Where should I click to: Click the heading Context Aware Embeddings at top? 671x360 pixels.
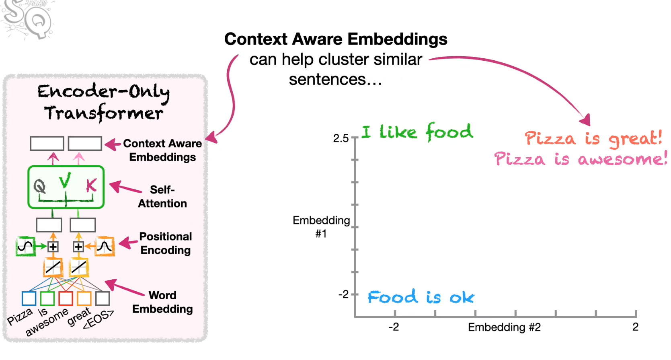(x=336, y=39)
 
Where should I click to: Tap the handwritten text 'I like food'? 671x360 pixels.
(x=417, y=132)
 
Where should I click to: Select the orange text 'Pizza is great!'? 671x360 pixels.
(x=593, y=138)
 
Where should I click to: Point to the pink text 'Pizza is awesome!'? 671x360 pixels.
(x=580, y=158)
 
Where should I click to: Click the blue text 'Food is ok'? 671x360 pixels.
(x=421, y=297)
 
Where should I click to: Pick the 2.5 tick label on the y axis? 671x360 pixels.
(x=341, y=138)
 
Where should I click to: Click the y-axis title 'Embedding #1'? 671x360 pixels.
(x=321, y=226)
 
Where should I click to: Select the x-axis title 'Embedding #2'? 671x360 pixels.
(x=504, y=327)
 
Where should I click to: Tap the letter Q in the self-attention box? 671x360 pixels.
(x=39, y=186)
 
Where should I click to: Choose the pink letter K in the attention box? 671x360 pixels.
(x=91, y=185)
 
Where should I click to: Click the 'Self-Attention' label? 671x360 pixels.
(x=162, y=196)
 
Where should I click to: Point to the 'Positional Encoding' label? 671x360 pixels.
(x=166, y=243)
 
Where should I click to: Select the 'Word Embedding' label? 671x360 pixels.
(x=162, y=302)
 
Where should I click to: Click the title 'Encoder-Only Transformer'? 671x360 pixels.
(x=104, y=102)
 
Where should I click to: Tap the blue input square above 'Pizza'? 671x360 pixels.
(x=29, y=298)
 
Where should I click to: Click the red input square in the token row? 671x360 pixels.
(x=66, y=298)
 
